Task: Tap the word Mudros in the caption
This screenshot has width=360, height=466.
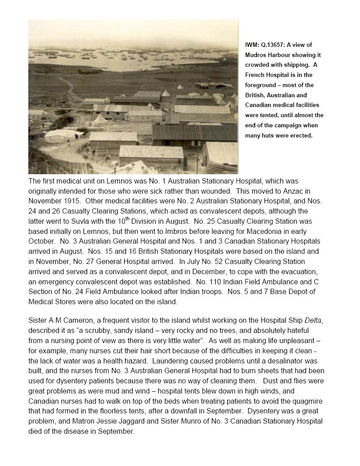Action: click(256, 55)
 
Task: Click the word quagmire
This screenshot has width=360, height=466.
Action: click(306, 401)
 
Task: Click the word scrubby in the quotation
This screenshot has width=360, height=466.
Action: click(99, 330)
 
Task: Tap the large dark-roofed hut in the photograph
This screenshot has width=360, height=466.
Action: click(195, 132)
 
